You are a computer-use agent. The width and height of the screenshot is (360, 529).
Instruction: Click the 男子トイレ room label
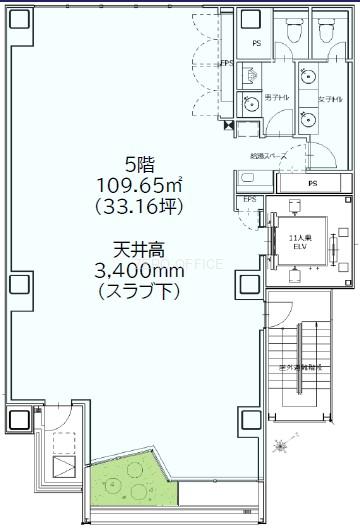tap(278, 97)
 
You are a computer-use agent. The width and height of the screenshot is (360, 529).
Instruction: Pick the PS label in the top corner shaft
tap(257, 43)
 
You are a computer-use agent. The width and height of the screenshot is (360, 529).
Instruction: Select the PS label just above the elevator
tap(312, 184)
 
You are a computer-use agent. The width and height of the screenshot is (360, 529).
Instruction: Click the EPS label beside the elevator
tap(249, 199)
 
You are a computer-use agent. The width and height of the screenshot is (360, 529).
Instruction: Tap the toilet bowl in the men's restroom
tap(292, 33)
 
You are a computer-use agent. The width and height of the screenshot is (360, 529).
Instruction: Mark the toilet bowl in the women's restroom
tap(326, 33)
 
